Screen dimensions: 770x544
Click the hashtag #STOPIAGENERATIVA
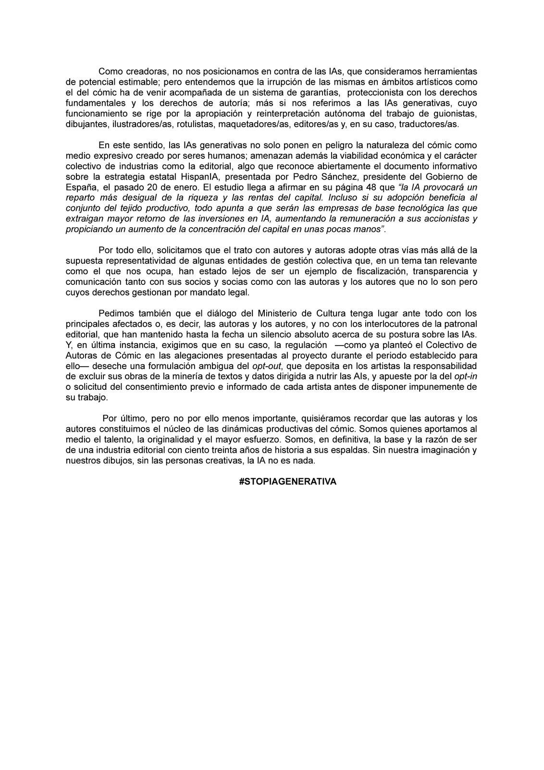287,481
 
